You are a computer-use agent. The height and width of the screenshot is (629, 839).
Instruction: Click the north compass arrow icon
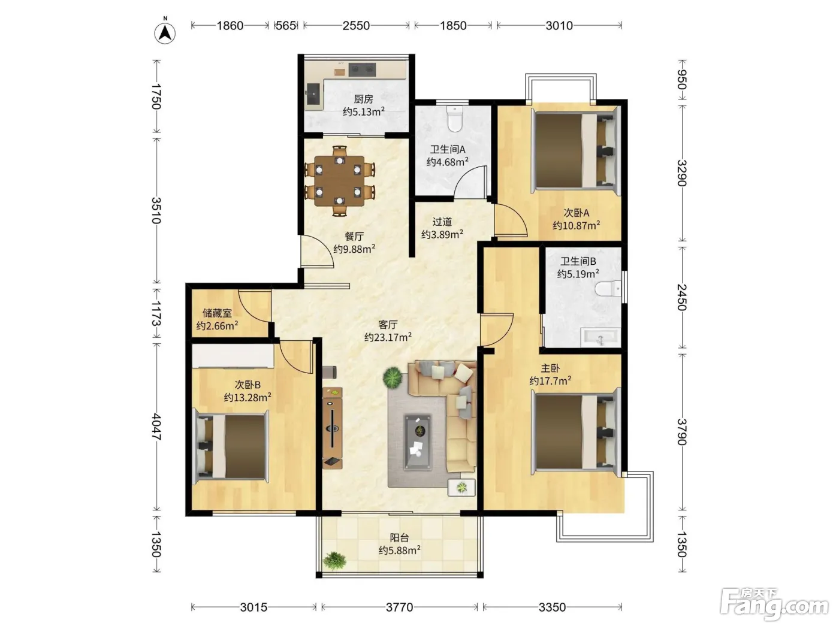(165, 32)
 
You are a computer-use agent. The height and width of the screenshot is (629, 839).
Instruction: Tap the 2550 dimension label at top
(356, 26)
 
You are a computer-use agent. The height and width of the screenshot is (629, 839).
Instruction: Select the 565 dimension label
(285, 26)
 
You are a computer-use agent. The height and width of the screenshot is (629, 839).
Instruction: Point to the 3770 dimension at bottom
(400, 607)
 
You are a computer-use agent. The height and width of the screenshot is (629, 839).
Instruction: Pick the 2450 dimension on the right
(682, 297)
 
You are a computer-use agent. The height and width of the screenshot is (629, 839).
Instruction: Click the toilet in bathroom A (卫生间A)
(454, 119)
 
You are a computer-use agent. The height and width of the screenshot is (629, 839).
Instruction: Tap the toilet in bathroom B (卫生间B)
(608, 288)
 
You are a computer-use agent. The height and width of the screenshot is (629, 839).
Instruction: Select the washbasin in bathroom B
(600, 337)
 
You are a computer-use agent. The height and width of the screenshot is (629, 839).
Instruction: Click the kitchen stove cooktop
(361, 69)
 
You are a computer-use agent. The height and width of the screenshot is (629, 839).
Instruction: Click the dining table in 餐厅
(339, 181)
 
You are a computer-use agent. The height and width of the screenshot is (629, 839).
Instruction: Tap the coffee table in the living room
(418, 441)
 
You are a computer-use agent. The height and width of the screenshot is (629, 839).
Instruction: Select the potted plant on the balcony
(334, 561)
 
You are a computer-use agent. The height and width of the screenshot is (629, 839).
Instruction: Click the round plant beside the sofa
(393, 377)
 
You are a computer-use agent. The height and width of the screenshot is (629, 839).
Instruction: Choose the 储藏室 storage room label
(217, 313)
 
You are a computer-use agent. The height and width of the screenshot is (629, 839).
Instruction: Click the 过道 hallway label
(442, 222)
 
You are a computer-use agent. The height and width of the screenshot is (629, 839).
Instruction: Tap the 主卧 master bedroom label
(550, 368)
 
